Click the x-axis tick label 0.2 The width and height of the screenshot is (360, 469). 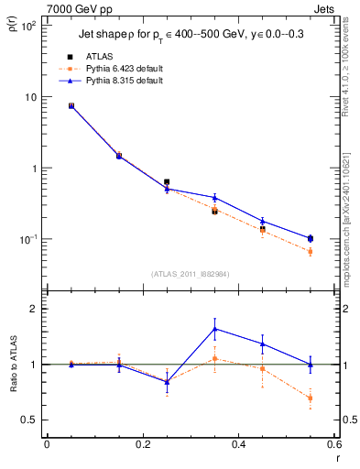click(x=143, y=444)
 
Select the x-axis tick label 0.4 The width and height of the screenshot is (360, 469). click(x=239, y=444)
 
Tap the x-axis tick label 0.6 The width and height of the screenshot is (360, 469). click(x=333, y=444)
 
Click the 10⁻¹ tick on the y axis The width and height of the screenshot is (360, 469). click(x=28, y=240)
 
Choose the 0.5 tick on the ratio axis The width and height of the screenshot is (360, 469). click(x=29, y=420)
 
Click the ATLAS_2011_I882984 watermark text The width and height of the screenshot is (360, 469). click(x=190, y=273)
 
